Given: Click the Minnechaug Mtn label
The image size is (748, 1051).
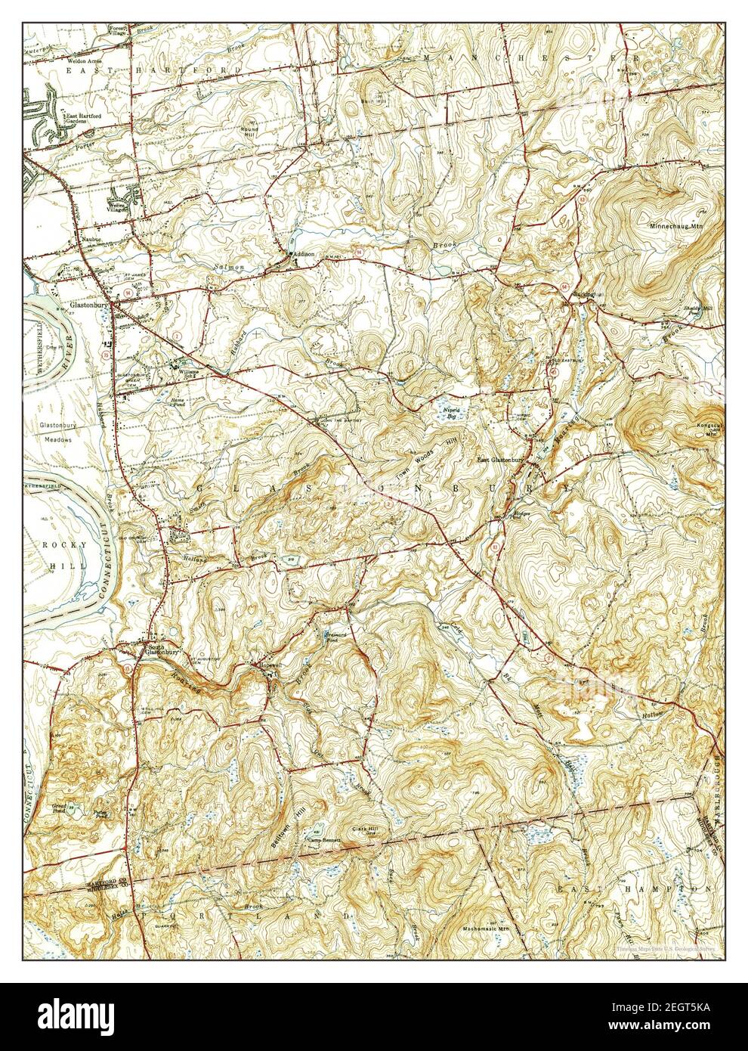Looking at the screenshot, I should click(x=675, y=225).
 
